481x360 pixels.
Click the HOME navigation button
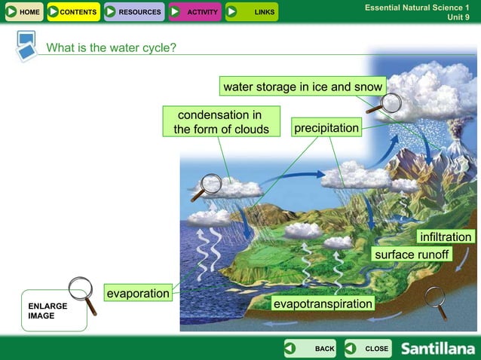[x=23, y=12]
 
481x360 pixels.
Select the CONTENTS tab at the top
[x=72, y=12]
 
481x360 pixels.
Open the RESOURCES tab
[x=133, y=12]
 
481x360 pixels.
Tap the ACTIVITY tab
[x=195, y=12]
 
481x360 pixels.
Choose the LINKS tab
[x=253, y=12]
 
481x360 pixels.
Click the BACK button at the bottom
[x=311, y=349]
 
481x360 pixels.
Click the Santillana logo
[x=437, y=349]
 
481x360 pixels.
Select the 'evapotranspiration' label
[x=323, y=304]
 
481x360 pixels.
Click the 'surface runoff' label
[x=412, y=255]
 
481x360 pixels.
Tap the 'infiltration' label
[x=446, y=237]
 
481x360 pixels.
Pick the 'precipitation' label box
[x=326, y=129]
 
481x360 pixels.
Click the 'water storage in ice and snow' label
[x=302, y=87]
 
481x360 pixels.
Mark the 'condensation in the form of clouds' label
[x=221, y=122]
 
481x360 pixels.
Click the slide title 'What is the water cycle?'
[x=112, y=48]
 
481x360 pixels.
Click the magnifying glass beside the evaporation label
[x=81, y=294]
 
